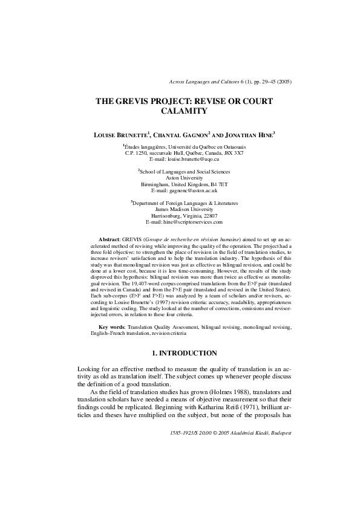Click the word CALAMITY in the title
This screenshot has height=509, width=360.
coord(185,111)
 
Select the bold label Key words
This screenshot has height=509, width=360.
coord(111,327)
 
